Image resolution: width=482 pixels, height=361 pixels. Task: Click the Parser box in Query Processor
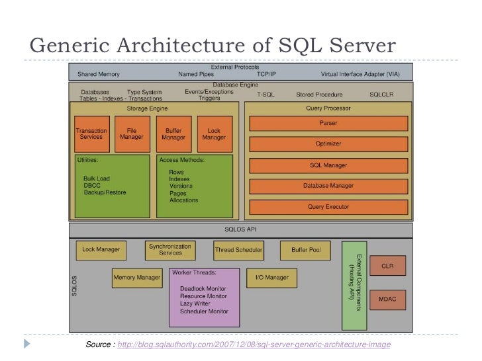328,124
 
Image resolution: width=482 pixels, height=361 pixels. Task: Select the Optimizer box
328,144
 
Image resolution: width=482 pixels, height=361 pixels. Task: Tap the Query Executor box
328,207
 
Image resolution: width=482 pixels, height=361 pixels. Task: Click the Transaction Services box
91,134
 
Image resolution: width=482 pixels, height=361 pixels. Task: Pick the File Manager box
132,134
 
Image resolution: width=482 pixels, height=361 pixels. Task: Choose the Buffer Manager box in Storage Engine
173,134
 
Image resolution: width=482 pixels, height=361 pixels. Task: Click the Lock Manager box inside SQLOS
101,250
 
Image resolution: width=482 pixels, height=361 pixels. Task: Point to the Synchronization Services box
170,249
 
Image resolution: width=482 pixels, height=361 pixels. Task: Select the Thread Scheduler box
238,250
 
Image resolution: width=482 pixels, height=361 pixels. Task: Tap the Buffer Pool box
305,250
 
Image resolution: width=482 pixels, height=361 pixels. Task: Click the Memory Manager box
136,278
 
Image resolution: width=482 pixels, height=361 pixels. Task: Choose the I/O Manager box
271,278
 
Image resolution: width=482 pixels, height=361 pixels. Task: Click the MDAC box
387,299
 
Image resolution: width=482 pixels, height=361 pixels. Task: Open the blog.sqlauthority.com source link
254,346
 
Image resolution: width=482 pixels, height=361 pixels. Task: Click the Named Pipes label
195,74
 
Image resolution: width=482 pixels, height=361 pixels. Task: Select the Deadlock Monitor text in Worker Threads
203,289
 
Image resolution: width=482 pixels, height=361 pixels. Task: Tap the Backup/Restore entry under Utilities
105,192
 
